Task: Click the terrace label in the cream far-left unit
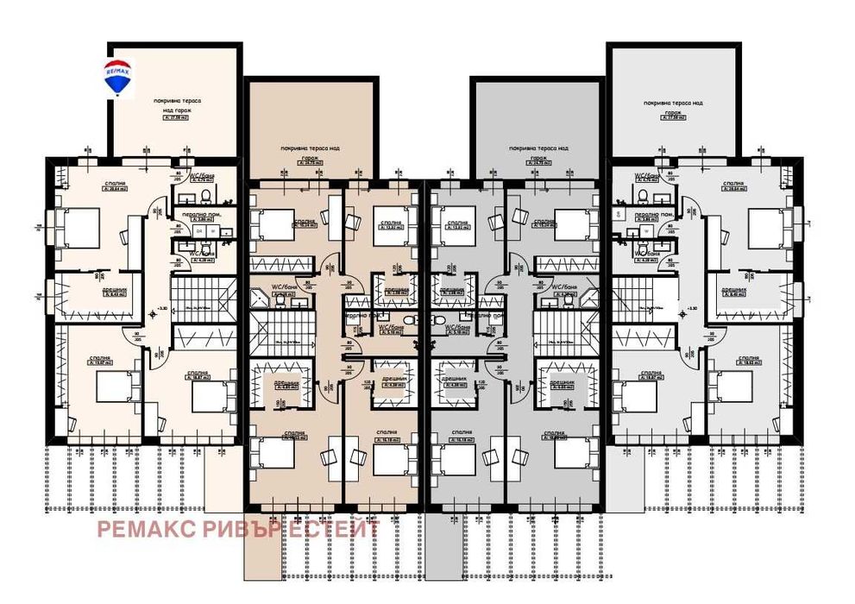point(173,105)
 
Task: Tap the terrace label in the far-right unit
point(674,105)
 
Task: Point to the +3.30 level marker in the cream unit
point(161,308)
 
